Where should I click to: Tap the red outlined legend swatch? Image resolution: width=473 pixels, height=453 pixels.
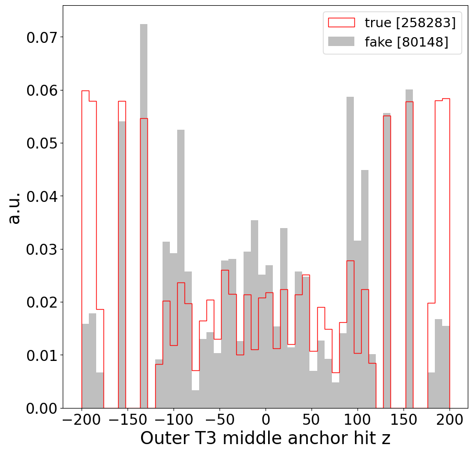[x=341, y=22]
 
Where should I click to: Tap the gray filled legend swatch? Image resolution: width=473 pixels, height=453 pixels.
[x=341, y=42]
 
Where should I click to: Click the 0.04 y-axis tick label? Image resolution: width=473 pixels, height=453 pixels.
[x=41, y=196]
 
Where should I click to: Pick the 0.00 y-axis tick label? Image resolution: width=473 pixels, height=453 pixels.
[x=41, y=408]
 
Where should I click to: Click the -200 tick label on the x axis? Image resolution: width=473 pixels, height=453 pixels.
[x=82, y=420]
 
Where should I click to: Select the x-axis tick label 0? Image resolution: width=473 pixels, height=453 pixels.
[x=266, y=420]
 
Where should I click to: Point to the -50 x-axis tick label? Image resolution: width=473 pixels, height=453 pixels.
[x=220, y=420]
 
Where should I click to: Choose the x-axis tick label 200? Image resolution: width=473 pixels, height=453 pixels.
[x=449, y=420]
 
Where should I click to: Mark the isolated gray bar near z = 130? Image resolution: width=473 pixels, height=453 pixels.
[x=387, y=262]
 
